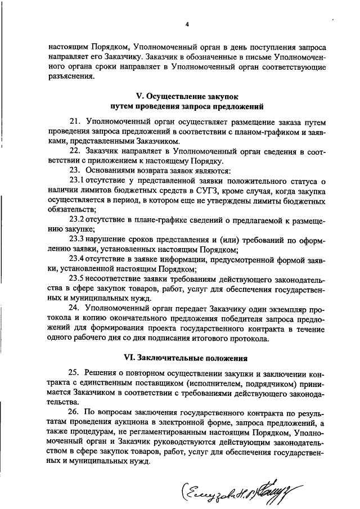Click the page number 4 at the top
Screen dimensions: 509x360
pos(187,24)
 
